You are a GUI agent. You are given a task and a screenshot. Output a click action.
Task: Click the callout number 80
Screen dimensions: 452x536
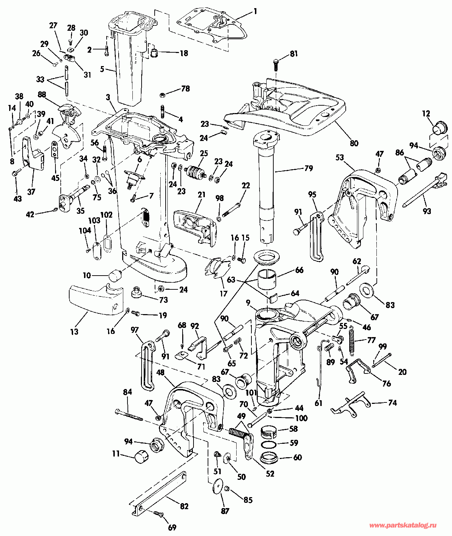coord(354,143)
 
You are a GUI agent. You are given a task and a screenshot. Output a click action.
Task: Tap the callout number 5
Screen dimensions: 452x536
coord(102,69)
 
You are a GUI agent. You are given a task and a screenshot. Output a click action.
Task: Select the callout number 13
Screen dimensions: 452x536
coord(75,332)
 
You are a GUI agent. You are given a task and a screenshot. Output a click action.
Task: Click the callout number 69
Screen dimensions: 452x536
coord(172,528)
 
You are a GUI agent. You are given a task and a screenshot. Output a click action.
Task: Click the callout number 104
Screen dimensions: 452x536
coord(85,230)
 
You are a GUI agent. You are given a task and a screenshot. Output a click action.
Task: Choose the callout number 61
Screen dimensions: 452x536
coord(319,404)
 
